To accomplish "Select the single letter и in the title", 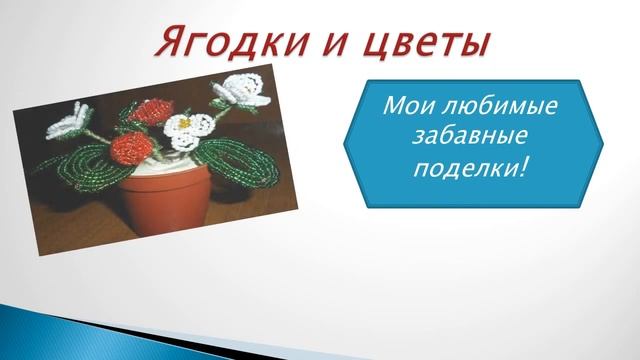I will click(x=324, y=45).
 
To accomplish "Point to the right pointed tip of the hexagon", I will click(x=604, y=142).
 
